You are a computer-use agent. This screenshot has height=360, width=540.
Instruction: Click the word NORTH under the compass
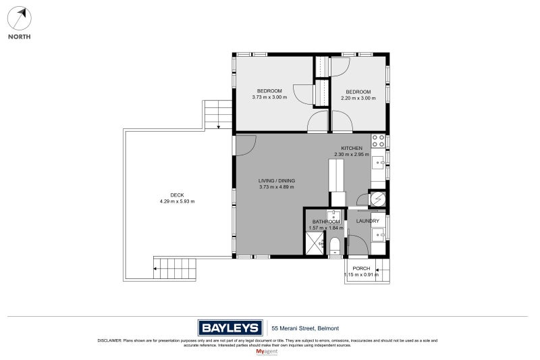coord(19,36)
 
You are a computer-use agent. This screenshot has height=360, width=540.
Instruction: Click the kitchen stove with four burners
coord(379,141)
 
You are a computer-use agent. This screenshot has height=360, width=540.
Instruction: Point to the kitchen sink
coord(379,162)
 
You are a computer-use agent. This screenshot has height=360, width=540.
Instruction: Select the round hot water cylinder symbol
coord(379,199)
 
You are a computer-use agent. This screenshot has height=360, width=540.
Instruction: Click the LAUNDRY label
coord(368,221)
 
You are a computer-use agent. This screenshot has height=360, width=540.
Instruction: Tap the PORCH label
coord(362,269)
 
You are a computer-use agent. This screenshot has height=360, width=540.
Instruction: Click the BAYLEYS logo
coord(230,328)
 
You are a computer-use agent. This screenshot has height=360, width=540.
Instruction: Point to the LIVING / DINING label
coord(277,180)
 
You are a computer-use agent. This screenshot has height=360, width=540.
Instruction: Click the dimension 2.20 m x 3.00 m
coord(358,97)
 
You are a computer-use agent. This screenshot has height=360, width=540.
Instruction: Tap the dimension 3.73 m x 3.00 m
coord(269,97)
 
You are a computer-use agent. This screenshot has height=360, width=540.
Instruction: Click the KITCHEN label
coord(352,148)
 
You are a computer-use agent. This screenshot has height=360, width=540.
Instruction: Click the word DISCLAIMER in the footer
coord(109,340)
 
